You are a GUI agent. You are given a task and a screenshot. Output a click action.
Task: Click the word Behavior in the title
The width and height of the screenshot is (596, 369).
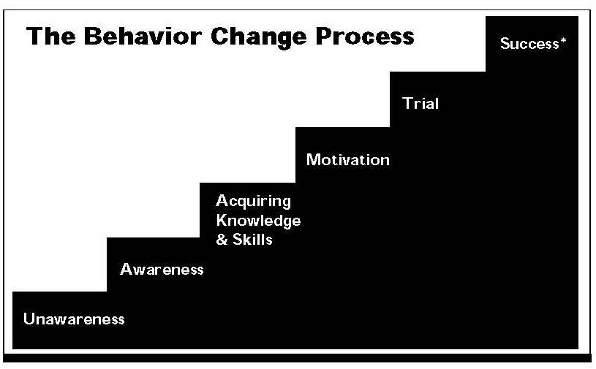pos(143,37)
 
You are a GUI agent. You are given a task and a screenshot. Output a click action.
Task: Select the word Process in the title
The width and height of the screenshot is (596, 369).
pos(365,37)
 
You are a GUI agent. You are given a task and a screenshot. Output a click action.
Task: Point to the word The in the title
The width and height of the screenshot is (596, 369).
pos(51,37)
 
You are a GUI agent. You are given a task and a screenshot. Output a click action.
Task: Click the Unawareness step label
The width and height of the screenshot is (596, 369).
pos(74,319)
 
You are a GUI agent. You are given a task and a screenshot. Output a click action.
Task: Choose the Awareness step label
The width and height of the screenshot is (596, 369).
pos(162,269)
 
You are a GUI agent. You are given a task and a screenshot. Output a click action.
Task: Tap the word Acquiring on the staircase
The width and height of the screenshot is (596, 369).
pos(254,202)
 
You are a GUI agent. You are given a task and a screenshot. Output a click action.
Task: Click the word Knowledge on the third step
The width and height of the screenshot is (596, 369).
pos(258,221)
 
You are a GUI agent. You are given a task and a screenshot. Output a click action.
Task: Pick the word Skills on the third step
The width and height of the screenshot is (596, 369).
pos(252,240)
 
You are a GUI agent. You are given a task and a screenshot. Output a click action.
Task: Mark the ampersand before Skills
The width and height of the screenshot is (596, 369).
pos(222,240)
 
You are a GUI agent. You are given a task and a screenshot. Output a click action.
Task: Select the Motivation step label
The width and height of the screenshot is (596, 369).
pos(348,160)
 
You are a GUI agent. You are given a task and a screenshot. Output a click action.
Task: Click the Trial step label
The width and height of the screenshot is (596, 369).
pos(420,103)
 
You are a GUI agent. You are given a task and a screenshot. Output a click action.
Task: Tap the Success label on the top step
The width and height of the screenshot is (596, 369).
pos(529,44)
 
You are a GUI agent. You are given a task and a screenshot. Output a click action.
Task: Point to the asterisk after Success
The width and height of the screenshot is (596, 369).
pos(563,40)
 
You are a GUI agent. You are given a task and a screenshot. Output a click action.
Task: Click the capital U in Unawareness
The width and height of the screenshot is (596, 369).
pos(29,319)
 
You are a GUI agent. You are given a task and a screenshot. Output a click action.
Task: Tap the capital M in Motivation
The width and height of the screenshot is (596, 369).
pos(313,160)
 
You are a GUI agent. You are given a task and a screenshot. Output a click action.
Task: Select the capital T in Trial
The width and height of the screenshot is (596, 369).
pos(408,103)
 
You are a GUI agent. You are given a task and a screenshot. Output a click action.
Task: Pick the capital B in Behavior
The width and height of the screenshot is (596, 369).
pos(93,37)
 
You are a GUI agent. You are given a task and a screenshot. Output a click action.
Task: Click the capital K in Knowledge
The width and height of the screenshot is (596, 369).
pos(222,220)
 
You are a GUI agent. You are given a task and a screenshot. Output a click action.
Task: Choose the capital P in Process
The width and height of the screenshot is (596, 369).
pos(324,37)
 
